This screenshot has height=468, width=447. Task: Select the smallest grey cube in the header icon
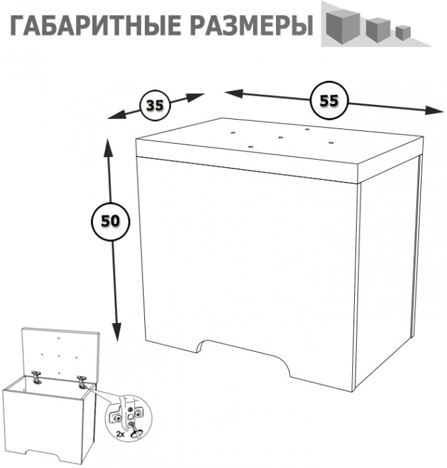401,31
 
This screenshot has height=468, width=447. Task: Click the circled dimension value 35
155,105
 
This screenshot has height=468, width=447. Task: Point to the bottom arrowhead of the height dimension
116,332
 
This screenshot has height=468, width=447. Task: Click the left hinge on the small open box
37,376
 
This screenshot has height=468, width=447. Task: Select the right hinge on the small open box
83,381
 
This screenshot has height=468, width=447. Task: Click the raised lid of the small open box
61,351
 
